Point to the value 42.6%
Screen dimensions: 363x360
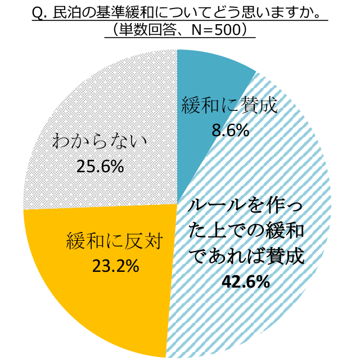click(246, 281)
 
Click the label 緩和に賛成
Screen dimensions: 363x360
click(229, 106)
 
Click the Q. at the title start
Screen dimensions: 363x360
click(41, 12)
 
